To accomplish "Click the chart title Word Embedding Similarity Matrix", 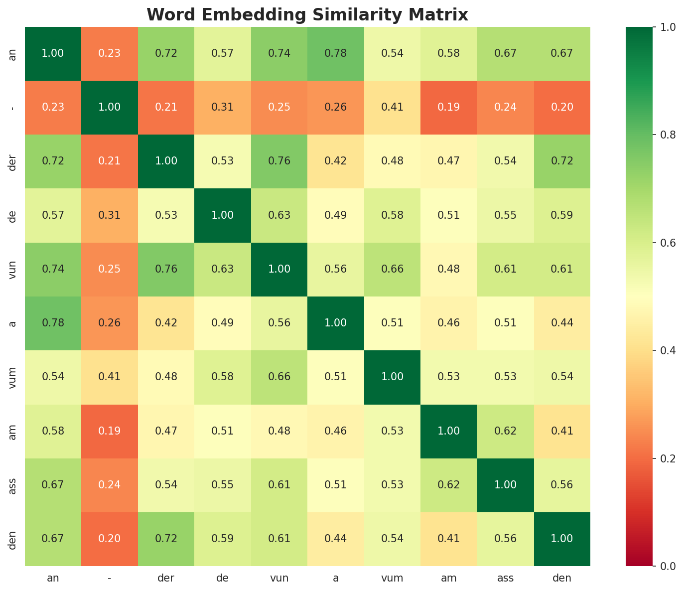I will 307,15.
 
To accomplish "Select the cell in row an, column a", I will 336,53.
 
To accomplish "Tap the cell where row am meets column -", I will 109,431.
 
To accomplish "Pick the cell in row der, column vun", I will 279,161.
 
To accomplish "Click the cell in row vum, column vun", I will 279,377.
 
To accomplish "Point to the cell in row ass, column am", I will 449,484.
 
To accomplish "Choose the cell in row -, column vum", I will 392,107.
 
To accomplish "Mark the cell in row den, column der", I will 166,538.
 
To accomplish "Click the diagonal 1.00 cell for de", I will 223,215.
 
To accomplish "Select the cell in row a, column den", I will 562,323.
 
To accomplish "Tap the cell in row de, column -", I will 109,215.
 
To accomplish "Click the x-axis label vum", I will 392,578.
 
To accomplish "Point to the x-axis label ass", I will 505,578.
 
